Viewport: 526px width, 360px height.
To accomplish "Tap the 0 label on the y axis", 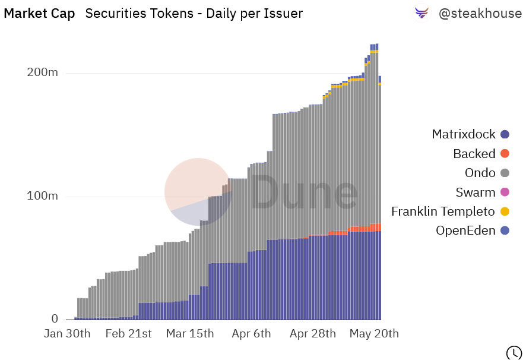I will [x=54, y=319].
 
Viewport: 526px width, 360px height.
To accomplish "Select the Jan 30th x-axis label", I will [x=67, y=334].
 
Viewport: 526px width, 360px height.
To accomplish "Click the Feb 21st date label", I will [x=129, y=334].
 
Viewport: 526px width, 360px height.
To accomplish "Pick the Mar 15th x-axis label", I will [x=189, y=334].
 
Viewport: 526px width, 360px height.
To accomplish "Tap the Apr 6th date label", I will [x=251, y=334].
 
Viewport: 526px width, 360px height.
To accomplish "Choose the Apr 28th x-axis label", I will [x=313, y=334].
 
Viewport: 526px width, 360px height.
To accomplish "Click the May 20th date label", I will [x=375, y=334].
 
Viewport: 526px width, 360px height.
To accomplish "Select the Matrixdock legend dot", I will [x=505, y=135].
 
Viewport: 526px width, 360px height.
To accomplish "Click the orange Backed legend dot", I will [x=505, y=154].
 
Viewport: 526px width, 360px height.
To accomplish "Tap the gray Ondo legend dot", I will [x=505, y=173].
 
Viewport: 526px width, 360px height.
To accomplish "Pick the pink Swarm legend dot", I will [x=505, y=192].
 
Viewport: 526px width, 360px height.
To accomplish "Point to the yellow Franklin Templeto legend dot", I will [x=505, y=211].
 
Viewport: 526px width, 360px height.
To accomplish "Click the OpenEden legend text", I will [x=465, y=230].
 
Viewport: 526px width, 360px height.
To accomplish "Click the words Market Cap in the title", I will [x=39, y=14].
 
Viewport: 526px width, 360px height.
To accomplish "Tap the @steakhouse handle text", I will [x=480, y=14].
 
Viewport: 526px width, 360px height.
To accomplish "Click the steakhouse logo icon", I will [x=422, y=13].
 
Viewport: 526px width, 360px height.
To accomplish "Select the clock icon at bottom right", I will [x=514, y=352].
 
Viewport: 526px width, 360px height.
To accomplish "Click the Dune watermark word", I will [x=305, y=192].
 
